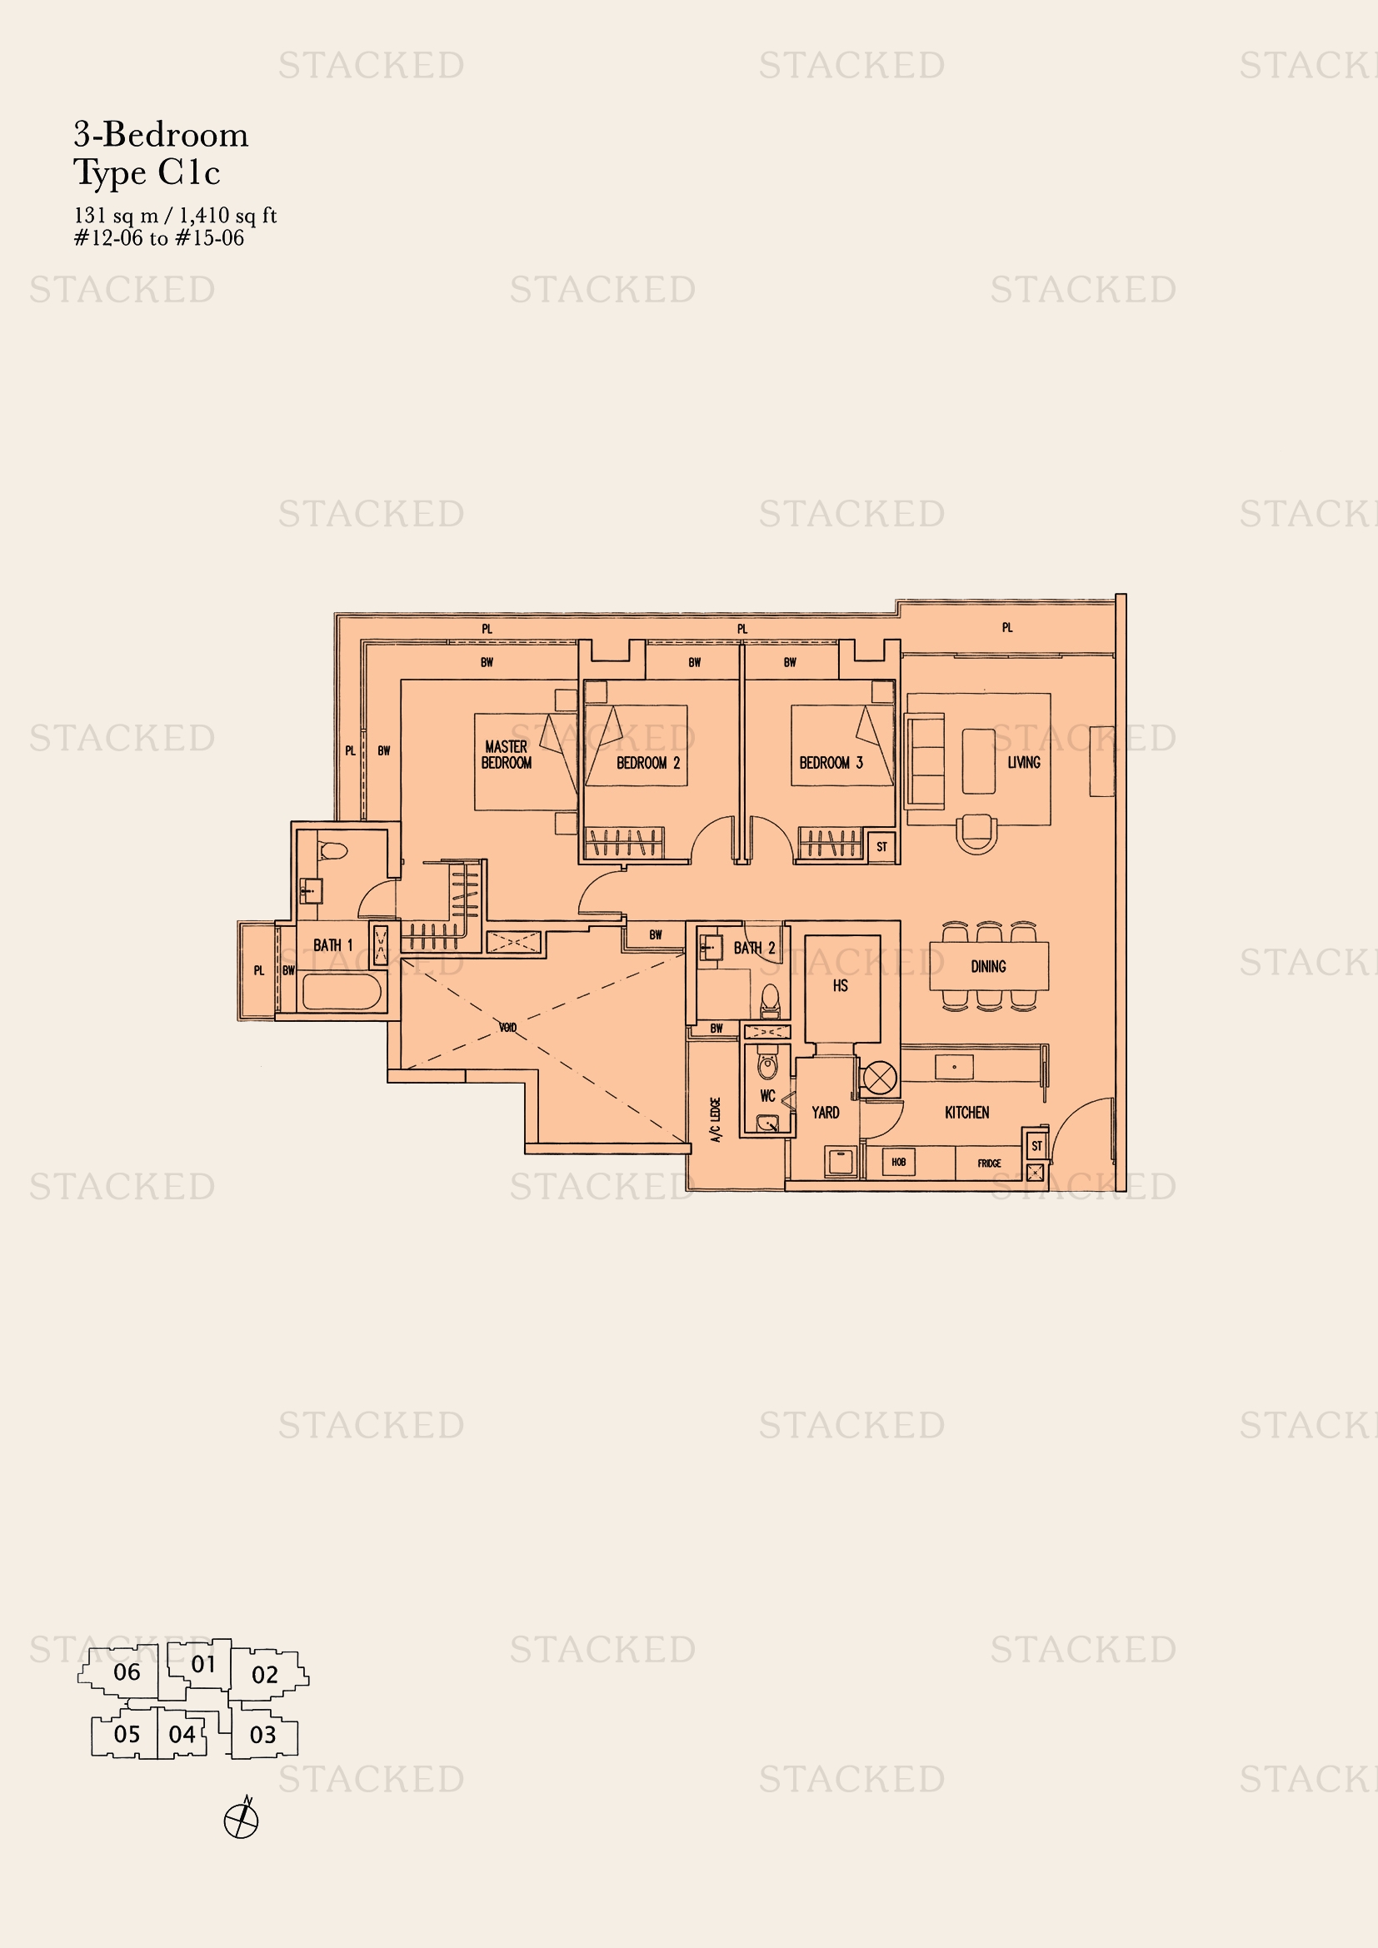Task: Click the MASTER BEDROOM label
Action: [507, 755]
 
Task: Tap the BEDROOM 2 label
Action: [647, 763]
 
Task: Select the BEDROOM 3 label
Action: [831, 763]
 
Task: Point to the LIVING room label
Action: [1023, 762]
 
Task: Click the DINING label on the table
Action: [989, 966]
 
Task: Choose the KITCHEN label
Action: [966, 1113]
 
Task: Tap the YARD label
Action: [825, 1113]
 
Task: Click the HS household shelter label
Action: [840, 986]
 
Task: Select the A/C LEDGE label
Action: [716, 1120]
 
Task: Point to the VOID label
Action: [507, 1028]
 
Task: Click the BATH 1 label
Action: [332, 945]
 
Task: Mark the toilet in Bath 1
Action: [332, 850]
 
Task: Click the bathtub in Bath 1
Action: [342, 992]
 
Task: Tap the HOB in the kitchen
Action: [899, 1162]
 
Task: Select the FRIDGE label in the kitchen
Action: [990, 1163]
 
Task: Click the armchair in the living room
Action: [976, 834]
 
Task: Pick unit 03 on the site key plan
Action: [263, 1735]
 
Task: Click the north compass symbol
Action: [241, 1819]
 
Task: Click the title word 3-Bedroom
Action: [162, 135]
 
